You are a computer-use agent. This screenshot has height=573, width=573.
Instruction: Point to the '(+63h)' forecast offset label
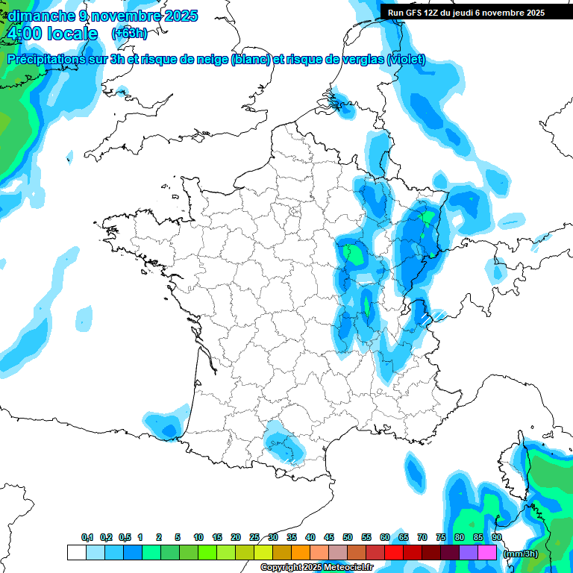point(128,34)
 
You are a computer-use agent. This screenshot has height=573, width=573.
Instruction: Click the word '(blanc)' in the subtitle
point(251,60)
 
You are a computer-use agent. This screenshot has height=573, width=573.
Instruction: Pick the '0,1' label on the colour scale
point(87,537)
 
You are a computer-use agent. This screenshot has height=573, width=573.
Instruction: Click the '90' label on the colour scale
point(496,537)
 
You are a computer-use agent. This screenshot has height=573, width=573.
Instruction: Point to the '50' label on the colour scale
point(348,537)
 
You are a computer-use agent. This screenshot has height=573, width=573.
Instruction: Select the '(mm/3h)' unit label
point(521,554)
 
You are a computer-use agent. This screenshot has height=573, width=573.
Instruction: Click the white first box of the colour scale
point(76,552)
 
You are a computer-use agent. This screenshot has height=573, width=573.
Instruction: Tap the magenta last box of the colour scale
point(487,552)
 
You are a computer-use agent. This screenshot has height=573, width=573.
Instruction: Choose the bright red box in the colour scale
point(393,552)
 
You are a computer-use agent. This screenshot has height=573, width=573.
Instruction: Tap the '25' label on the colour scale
point(254,537)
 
